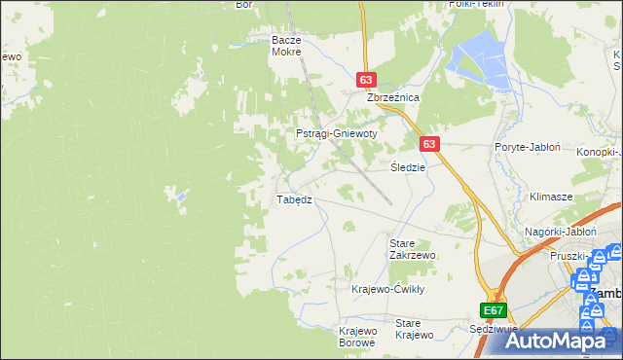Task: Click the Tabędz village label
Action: click(294, 199)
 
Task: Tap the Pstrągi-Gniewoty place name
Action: click(336, 133)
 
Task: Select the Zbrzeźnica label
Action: click(392, 98)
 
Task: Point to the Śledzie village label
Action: click(409, 166)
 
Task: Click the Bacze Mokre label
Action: click(289, 47)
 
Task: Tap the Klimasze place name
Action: click(550, 196)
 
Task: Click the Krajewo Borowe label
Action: click(357, 337)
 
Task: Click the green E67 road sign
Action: click(494, 310)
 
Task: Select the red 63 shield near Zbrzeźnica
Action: click(366, 81)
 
